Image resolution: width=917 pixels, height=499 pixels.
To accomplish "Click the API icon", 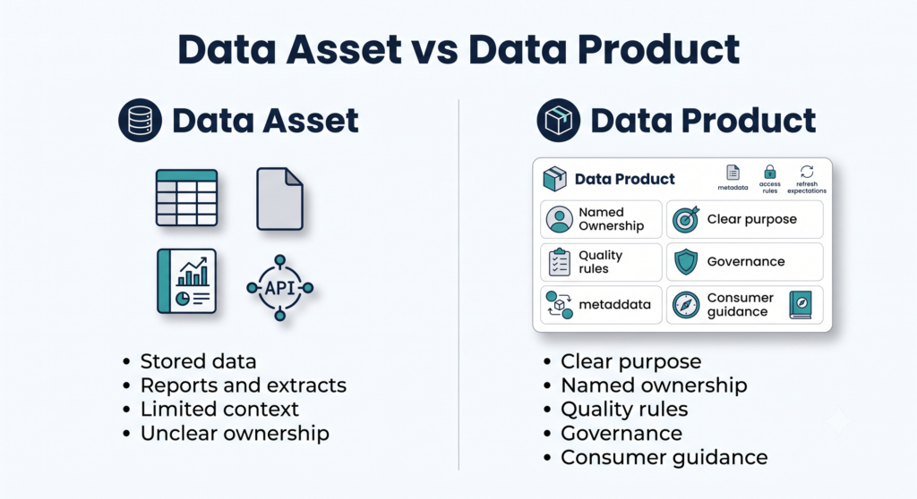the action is [280, 287].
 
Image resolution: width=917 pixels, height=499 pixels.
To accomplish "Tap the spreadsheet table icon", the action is [186, 198].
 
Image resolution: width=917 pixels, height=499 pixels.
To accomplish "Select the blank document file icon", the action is [279, 199].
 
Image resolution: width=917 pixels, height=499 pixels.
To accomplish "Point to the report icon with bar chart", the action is [186, 281].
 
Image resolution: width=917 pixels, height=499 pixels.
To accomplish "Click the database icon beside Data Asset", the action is [140, 121].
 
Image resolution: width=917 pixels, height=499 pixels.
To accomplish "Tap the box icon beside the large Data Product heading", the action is [559, 121].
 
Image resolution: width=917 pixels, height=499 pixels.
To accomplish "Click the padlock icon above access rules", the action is [770, 172].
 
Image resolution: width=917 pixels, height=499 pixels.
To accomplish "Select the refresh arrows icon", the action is [807, 171].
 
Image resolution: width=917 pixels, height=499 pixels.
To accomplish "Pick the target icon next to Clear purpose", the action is [685, 220].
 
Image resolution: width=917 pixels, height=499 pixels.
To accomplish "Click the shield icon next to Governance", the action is [686, 262].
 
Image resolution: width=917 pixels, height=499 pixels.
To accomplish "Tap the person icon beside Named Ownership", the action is [559, 220].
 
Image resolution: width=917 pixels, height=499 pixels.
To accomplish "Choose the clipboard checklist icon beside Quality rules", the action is [559, 262].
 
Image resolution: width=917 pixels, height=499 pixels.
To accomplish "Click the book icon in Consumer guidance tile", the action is [801, 305].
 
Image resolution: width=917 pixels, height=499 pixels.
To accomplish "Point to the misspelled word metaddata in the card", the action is [614, 304].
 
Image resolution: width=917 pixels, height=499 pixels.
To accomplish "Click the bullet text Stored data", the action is [198, 361].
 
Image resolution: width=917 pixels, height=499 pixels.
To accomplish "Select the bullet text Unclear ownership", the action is [235, 433].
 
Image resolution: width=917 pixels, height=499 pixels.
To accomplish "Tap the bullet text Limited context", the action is [219, 409].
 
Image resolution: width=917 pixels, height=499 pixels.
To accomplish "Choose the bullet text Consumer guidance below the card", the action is [664, 457].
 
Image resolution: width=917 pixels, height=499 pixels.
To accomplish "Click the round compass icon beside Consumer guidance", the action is [686, 305].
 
